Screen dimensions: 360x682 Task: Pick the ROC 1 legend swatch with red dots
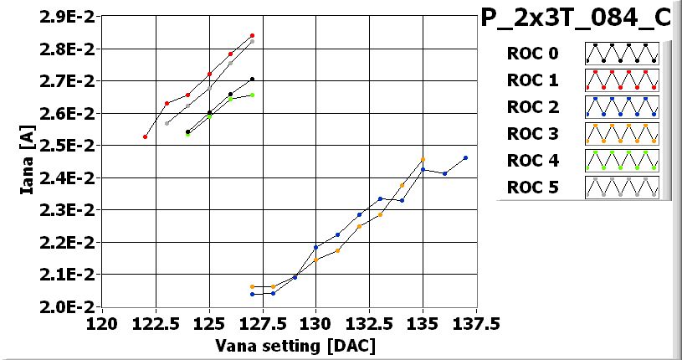(622, 80)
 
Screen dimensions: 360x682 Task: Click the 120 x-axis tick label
(103, 323)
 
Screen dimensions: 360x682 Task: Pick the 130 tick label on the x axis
(315, 323)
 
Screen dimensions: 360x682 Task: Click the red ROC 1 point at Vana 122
(146, 136)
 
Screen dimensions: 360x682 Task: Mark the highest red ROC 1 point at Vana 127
(252, 36)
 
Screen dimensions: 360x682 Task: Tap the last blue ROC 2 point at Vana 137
(465, 157)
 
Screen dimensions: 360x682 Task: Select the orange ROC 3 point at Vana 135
(423, 159)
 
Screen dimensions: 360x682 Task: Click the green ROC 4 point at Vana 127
(252, 95)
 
